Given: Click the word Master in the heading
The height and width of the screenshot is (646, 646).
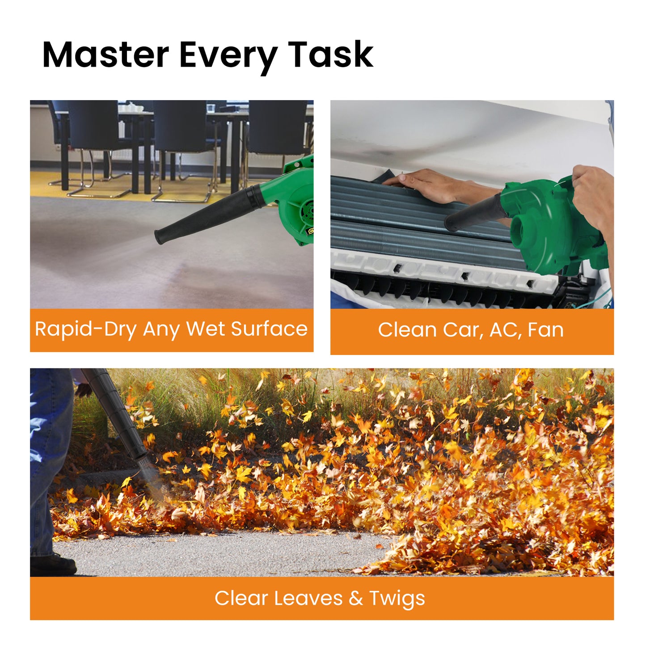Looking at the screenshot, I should coord(106,55).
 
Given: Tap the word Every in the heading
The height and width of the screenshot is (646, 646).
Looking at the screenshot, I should coord(228,55).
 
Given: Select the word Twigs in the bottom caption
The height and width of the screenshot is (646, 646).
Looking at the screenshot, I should coord(397,599).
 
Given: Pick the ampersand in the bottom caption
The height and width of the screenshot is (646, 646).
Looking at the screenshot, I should coord(356,598).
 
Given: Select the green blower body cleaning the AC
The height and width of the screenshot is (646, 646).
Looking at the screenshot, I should coord(550,228).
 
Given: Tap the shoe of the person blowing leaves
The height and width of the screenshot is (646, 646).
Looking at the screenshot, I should coord(54,564).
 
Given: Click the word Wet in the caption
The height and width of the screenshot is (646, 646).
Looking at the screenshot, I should coord(205,329).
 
